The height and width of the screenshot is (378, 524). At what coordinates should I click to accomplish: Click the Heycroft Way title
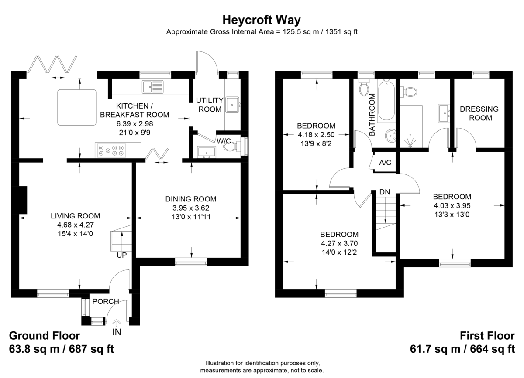click(x=261, y=20)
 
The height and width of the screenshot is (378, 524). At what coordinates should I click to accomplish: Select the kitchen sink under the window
click(x=152, y=87)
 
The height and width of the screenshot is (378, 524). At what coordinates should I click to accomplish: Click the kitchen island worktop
click(x=77, y=107)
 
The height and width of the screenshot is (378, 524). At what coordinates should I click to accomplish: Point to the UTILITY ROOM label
click(x=210, y=105)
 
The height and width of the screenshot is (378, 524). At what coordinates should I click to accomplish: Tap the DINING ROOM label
click(x=191, y=199)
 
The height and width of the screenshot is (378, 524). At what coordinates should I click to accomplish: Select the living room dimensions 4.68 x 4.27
click(x=75, y=225)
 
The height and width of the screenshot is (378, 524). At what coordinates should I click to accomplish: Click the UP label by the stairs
click(x=122, y=255)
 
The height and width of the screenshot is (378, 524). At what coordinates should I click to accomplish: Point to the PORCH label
click(x=106, y=301)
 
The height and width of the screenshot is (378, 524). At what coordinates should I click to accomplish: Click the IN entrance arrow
click(x=117, y=323)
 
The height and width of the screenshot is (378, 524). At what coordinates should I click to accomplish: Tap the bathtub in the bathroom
click(x=386, y=100)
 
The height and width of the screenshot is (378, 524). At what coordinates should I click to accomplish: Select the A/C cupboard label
click(x=385, y=163)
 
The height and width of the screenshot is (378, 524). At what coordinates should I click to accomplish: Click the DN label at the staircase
click(x=385, y=192)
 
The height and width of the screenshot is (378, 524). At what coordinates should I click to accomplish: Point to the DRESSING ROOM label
click(x=479, y=113)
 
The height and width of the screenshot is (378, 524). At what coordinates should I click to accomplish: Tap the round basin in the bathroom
click(x=390, y=136)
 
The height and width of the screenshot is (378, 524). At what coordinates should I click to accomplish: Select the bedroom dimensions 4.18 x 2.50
click(x=316, y=135)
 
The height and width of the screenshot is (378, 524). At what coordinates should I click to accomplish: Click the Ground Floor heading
click(x=45, y=336)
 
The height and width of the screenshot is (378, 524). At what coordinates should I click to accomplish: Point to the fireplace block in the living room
click(x=23, y=200)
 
